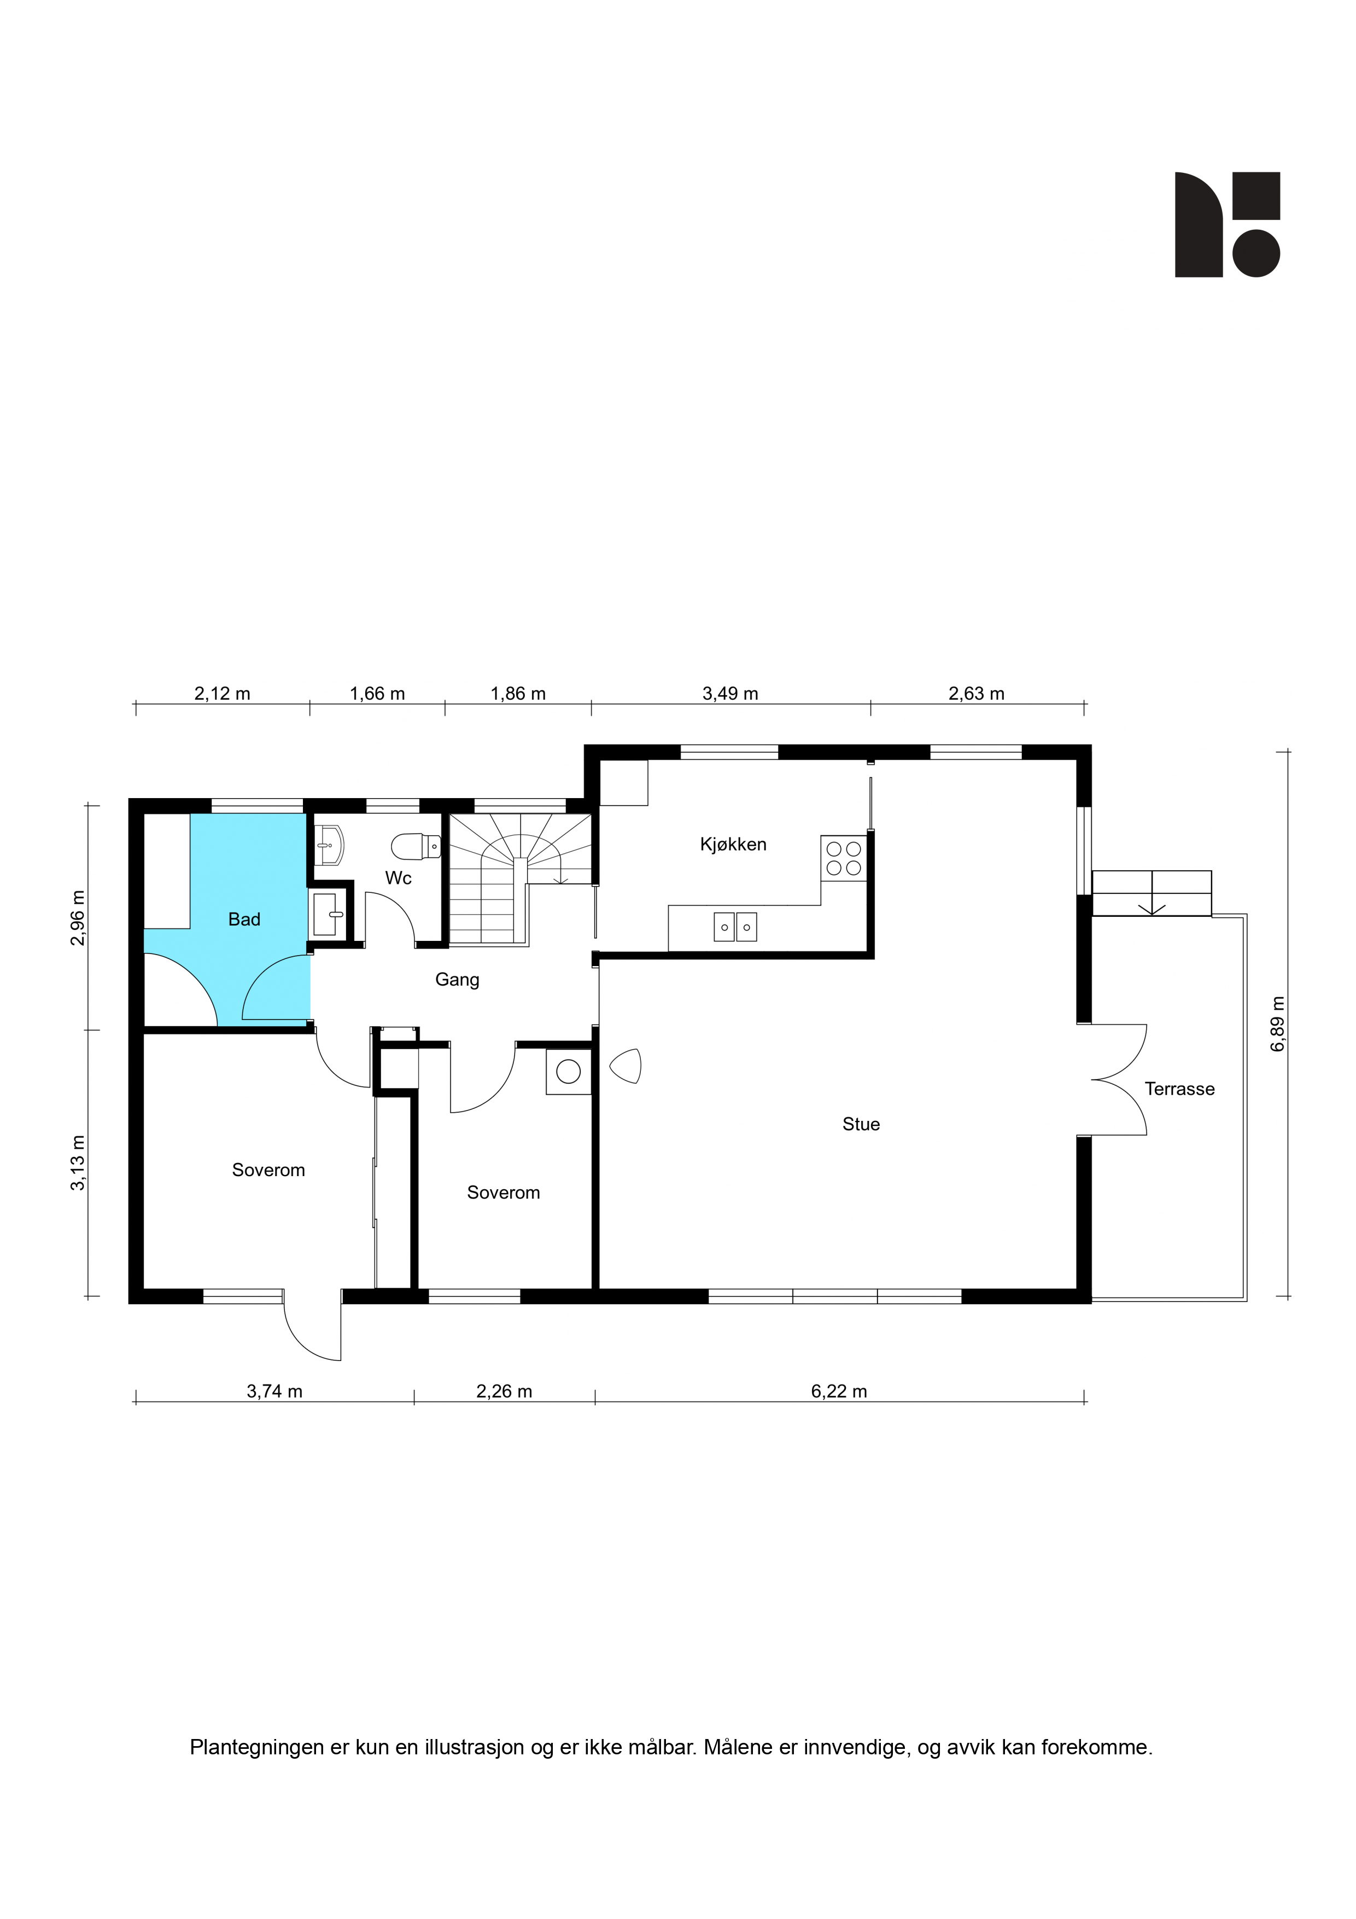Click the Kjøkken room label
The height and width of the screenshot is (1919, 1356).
(733, 844)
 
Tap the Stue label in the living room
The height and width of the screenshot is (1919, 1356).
(861, 1124)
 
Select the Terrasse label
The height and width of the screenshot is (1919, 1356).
(1179, 1089)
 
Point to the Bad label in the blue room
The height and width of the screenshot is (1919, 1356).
(244, 920)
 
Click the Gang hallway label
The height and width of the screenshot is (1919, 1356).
(457, 980)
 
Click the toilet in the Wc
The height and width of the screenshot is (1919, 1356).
(416, 847)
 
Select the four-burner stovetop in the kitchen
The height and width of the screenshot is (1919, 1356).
(843, 858)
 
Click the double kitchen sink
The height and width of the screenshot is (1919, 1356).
(735, 927)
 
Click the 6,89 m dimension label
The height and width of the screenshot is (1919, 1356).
(1277, 1024)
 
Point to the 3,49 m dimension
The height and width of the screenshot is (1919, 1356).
(730, 694)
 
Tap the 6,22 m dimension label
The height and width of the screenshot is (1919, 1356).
(839, 1392)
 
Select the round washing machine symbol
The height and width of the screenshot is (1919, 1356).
(568, 1072)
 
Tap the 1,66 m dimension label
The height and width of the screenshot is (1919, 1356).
(377, 694)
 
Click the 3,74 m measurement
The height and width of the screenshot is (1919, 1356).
(274, 1392)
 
